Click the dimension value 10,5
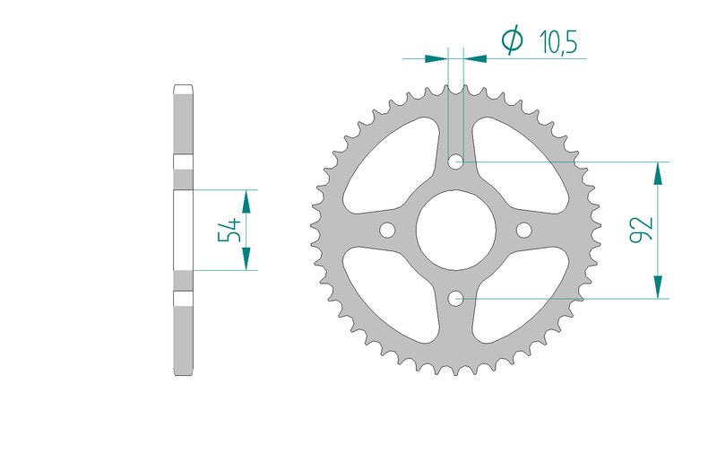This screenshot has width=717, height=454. (x=558, y=42)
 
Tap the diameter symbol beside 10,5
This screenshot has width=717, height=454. (x=512, y=40)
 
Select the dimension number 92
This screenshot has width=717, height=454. (x=641, y=230)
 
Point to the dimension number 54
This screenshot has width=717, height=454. (x=229, y=230)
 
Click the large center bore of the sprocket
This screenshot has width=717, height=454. (x=456, y=231)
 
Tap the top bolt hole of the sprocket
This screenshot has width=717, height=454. (x=455, y=162)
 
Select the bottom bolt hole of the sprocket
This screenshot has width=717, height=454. (x=455, y=299)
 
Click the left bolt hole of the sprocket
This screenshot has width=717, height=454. (x=387, y=231)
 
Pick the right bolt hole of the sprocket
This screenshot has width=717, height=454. (x=524, y=231)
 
